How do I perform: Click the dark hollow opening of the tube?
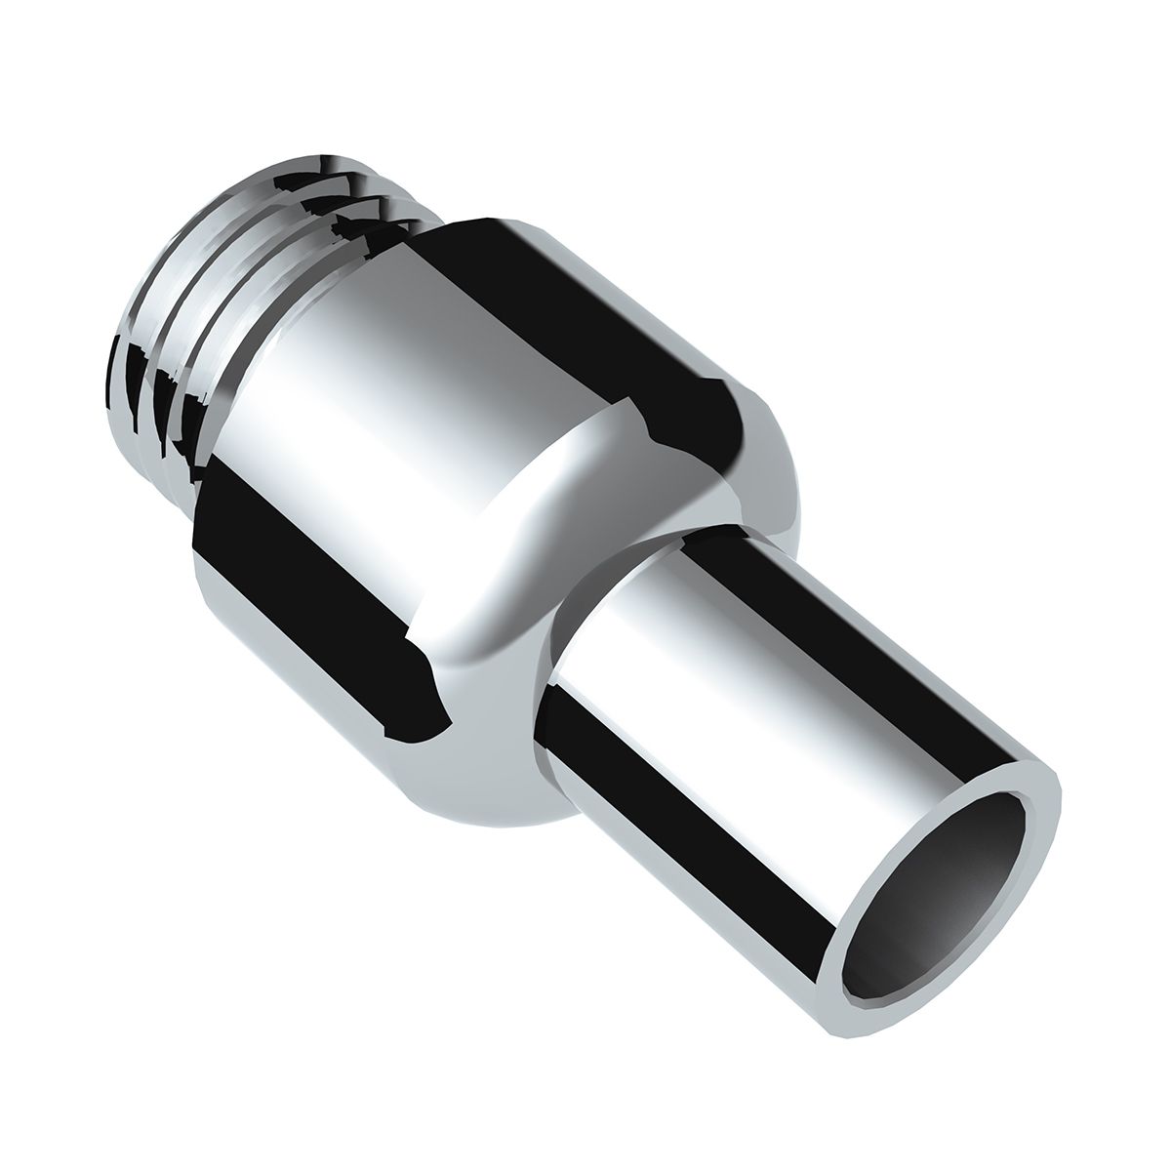point(937,878)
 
